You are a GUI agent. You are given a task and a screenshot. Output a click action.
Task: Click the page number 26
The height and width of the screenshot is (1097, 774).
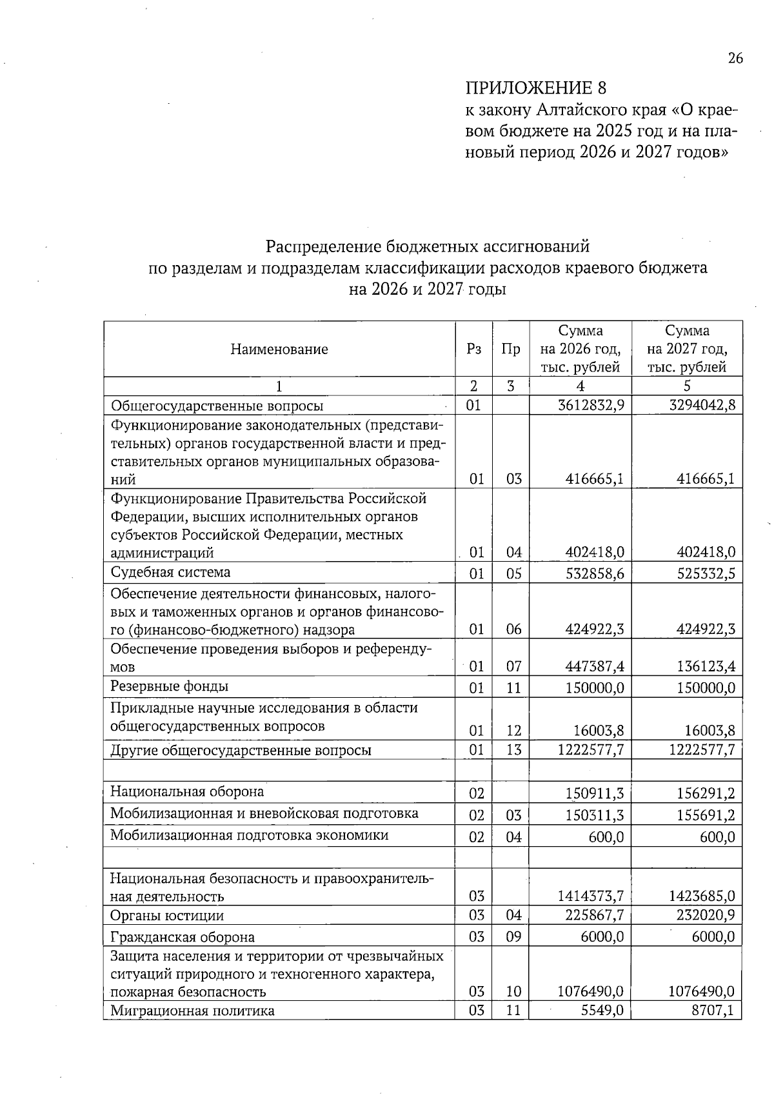(x=735, y=59)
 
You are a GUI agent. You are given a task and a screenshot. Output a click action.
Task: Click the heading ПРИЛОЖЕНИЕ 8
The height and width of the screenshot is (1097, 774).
(x=536, y=88)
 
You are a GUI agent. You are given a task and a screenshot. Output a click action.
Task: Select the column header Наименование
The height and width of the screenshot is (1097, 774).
(x=279, y=350)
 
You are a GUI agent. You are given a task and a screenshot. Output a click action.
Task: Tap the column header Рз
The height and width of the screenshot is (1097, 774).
(x=473, y=350)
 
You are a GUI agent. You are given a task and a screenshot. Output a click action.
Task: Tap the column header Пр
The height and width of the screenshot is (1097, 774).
(x=510, y=350)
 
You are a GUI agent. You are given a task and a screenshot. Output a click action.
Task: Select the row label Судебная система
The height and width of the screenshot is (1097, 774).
(x=170, y=573)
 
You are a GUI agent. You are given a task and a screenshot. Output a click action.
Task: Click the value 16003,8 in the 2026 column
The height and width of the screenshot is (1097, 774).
(x=599, y=730)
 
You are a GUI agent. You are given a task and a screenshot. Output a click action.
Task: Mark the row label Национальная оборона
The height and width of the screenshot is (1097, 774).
(x=187, y=791)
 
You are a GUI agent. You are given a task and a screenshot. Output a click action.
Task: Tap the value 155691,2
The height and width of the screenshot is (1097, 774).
(x=706, y=815)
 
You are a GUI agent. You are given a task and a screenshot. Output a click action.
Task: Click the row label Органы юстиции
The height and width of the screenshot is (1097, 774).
(x=167, y=916)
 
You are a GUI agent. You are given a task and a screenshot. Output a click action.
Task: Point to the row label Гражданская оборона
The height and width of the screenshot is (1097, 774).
(x=182, y=937)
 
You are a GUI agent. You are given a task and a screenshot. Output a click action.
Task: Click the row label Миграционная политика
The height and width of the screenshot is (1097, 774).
(x=192, y=1011)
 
